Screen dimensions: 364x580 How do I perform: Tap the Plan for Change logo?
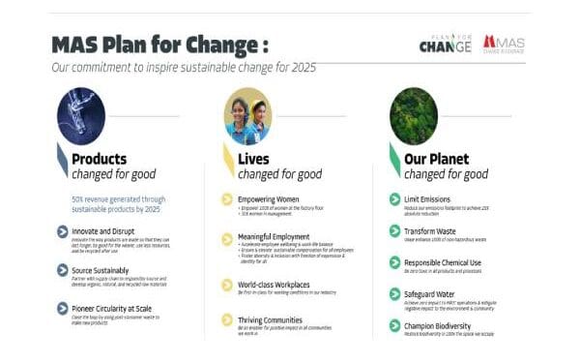coord(446,44)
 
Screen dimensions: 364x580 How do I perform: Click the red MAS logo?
coord(504,44)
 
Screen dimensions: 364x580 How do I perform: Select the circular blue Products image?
coord(80,115)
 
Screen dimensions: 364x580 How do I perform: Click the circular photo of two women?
coord(246,119)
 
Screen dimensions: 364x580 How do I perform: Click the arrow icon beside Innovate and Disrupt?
coord(62,231)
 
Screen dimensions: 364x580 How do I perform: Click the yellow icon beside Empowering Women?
coord(227,199)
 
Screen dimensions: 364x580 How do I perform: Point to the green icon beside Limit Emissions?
coord(394,198)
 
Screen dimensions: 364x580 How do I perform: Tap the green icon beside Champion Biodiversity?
coord(394,326)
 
